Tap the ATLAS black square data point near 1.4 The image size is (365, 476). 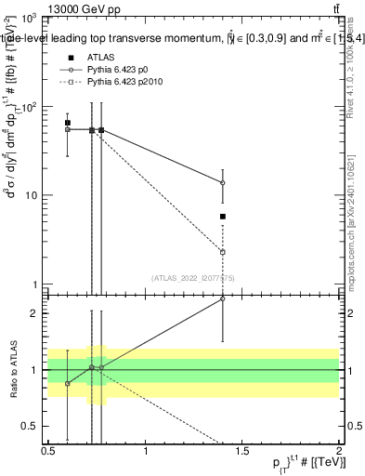[223, 217]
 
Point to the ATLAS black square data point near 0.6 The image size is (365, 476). [68, 123]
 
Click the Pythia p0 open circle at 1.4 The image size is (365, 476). [223, 183]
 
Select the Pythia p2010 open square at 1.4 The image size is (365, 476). [223, 252]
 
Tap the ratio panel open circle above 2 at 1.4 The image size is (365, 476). [223, 298]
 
